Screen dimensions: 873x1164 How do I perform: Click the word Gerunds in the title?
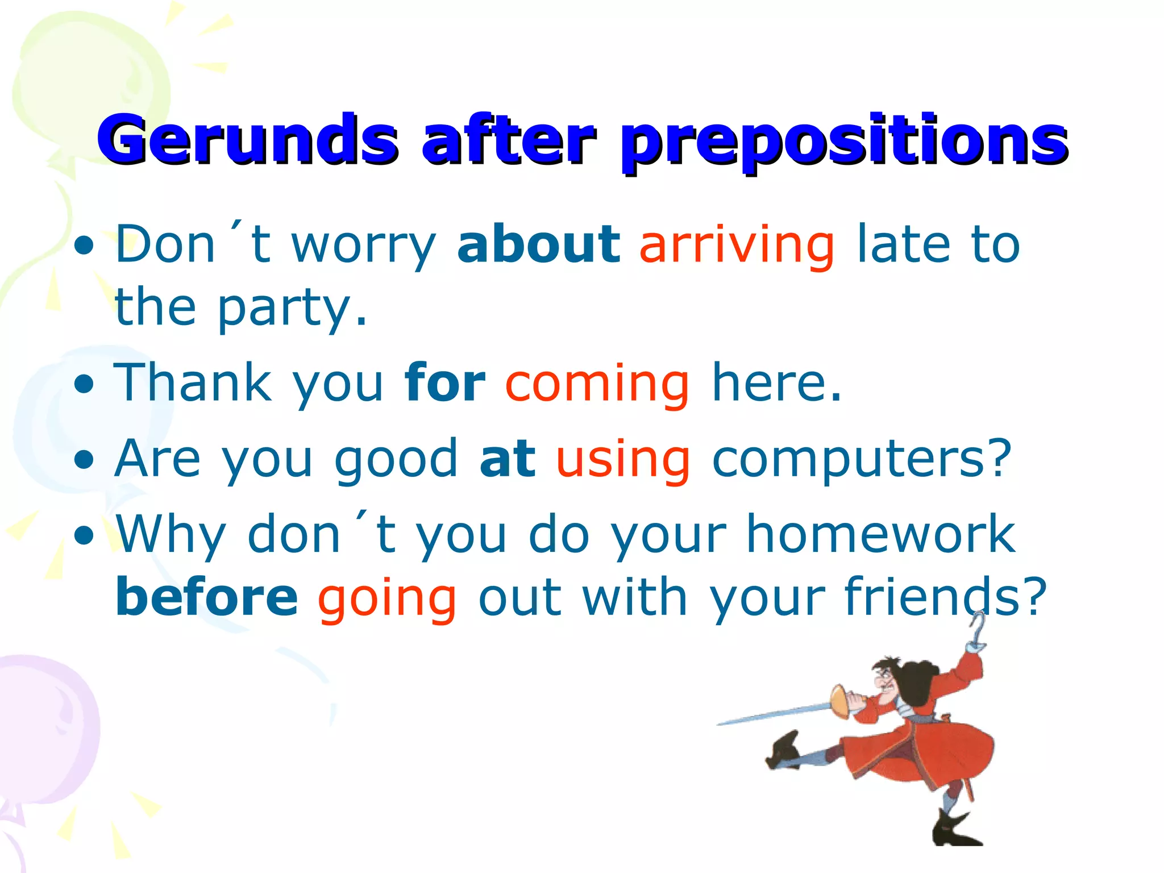tap(247, 139)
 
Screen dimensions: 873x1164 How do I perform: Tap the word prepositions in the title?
tap(843, 142)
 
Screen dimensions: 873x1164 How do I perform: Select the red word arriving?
tap(737, 246)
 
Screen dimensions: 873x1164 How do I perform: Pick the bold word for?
tap(444, 383)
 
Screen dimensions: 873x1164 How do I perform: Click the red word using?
tap(622, 460)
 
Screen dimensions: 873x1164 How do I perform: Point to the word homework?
tap(880, 534)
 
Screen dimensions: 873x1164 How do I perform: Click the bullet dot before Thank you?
tap(84, 384)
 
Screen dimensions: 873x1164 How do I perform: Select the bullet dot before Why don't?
tap(84, 535)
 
